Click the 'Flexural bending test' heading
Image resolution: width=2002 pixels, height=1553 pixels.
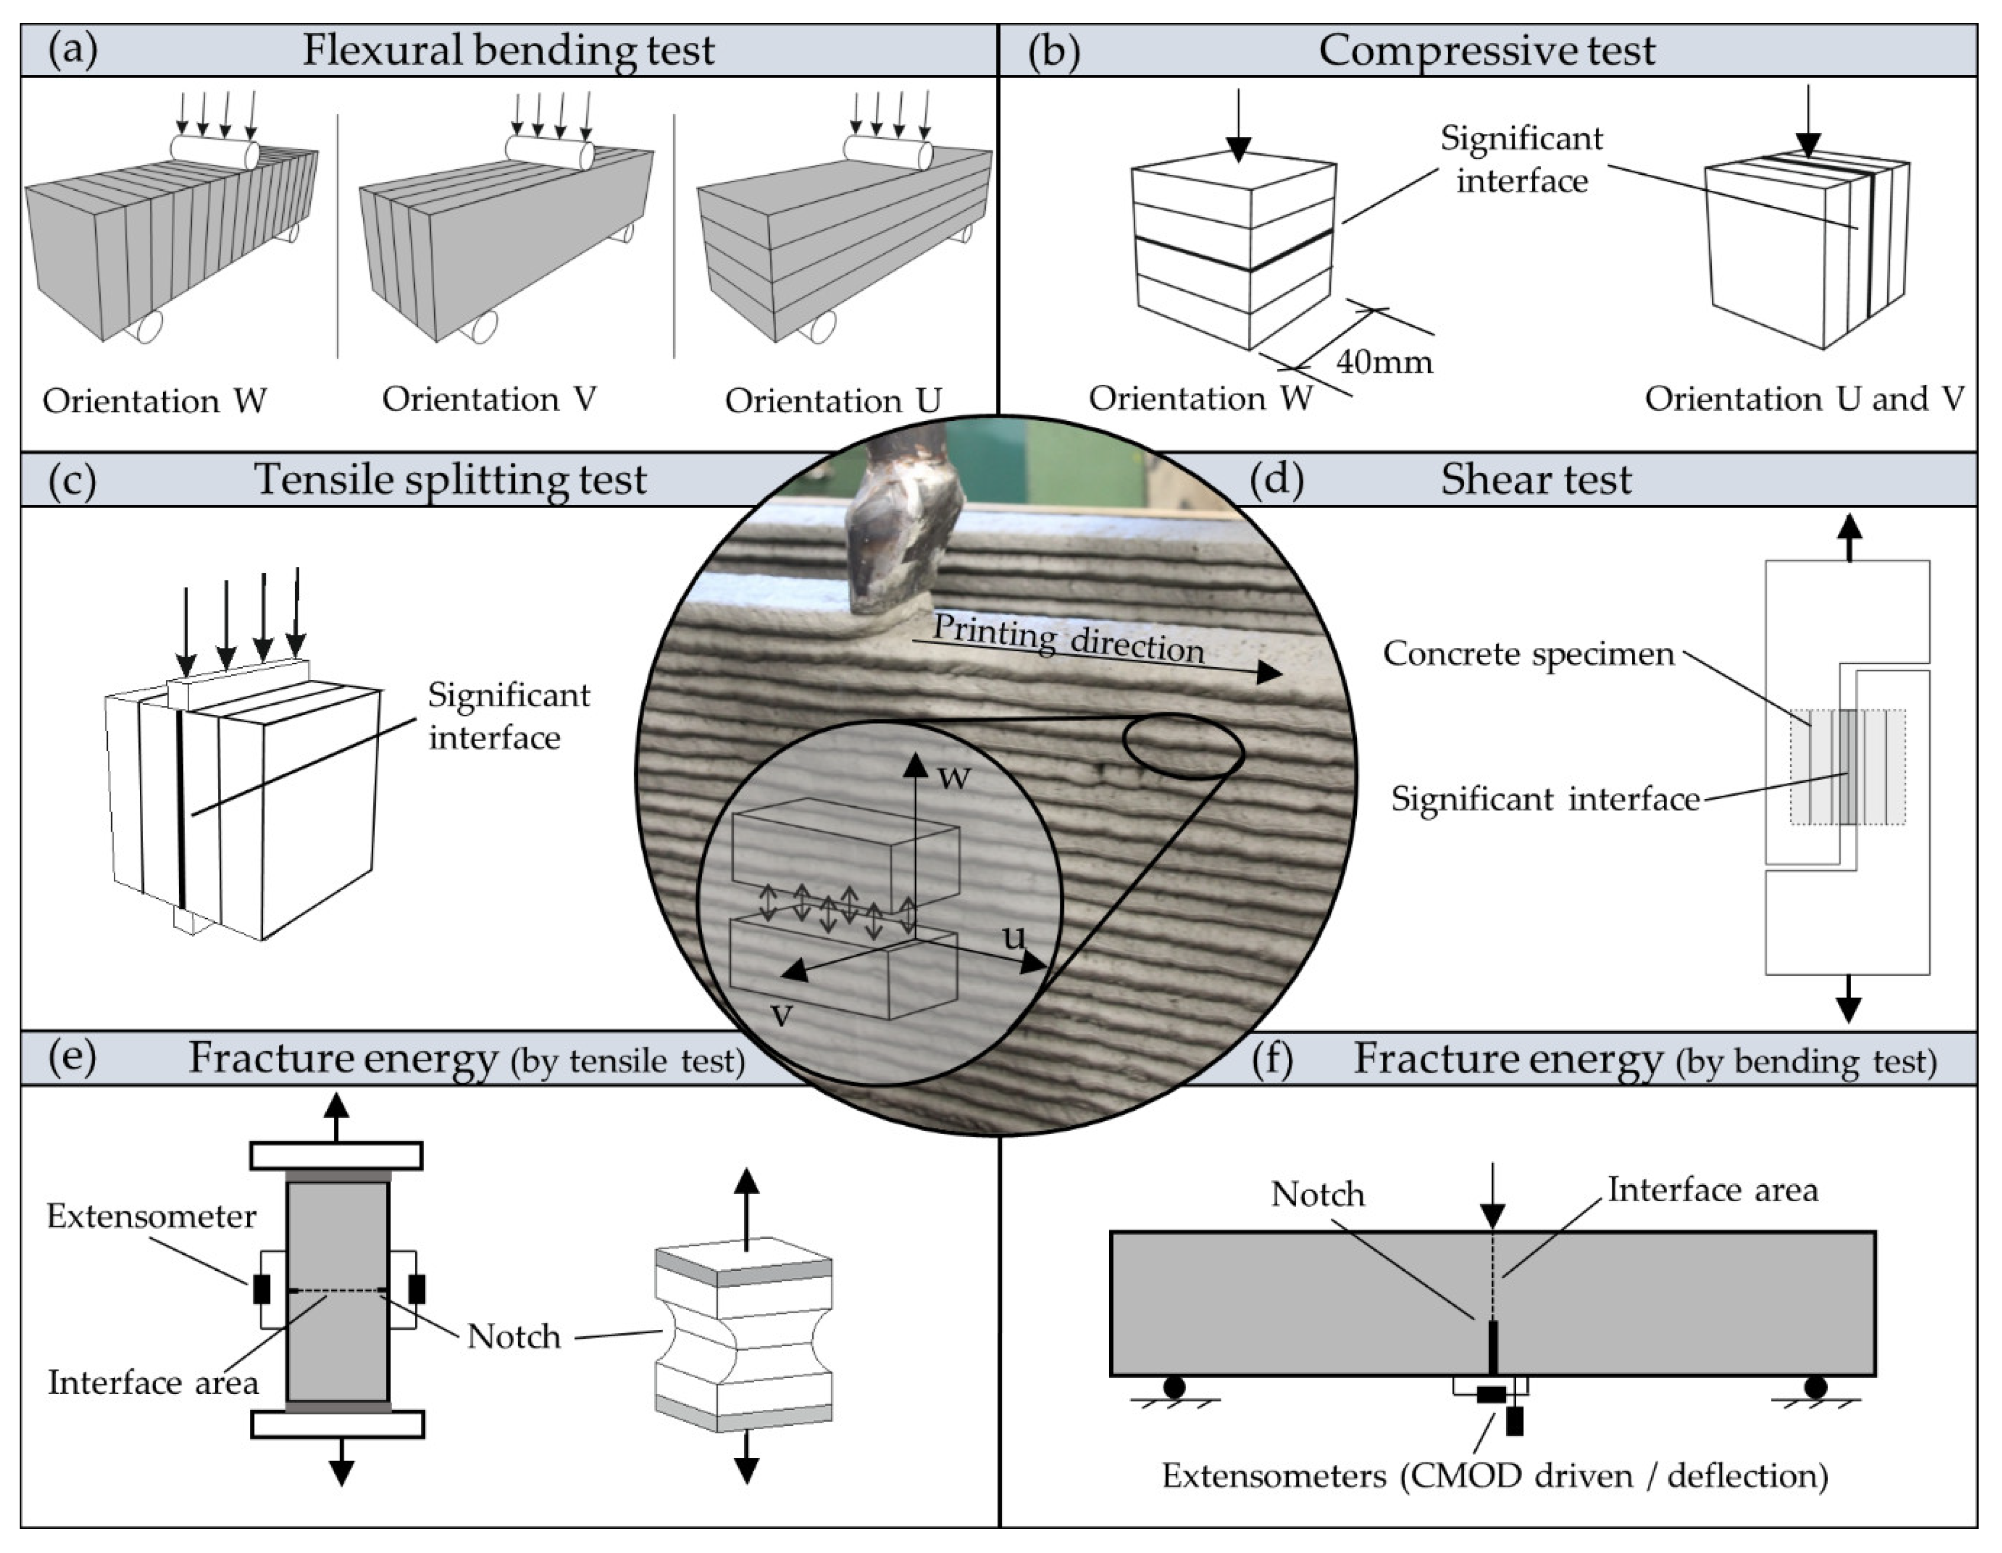pyautogui.click(x=508, y=49)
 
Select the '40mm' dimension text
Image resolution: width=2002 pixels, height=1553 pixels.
pyautogui.click(x=1384, y=361)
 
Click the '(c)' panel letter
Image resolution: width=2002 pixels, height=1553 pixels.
pyautogui.click(x=72, y=479)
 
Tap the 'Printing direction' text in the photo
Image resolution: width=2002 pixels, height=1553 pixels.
pyautogui.click(x=1068, y=639)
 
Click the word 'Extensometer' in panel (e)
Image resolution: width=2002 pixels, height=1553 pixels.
pyautogui.click(x=151, y=1217)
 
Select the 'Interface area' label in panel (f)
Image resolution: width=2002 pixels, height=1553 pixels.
pyautogui.click(x=1712, y=1190)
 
